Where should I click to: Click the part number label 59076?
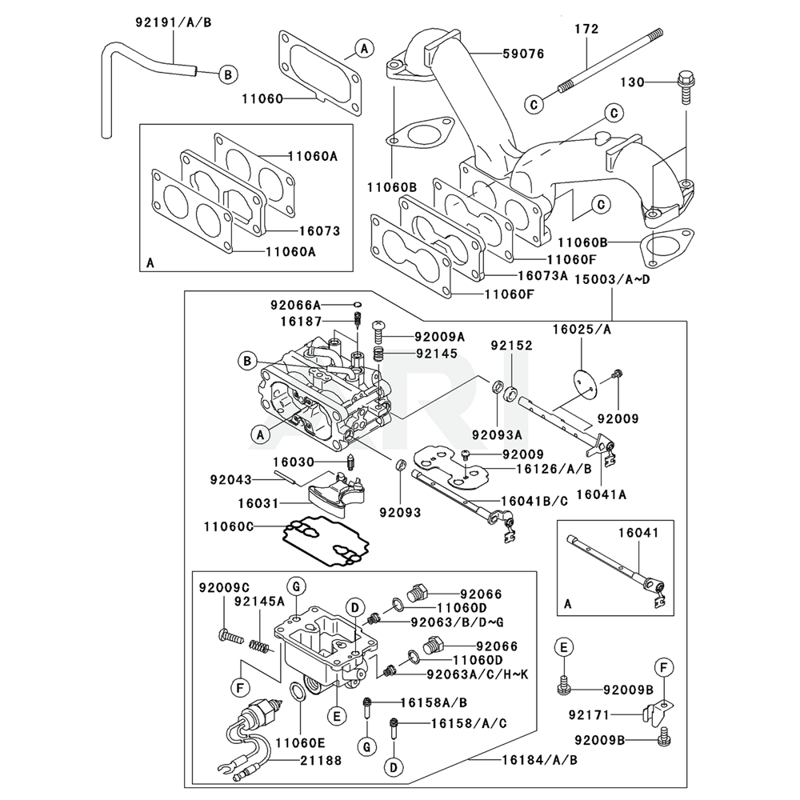(x=523, y=54)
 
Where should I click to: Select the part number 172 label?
(x=586, y=30)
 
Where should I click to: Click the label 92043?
(x=231, y=480)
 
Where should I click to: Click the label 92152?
(x=511, y=346)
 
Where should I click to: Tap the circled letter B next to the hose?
(x=227, y=75)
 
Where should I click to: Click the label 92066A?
(x=294, y=305)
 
